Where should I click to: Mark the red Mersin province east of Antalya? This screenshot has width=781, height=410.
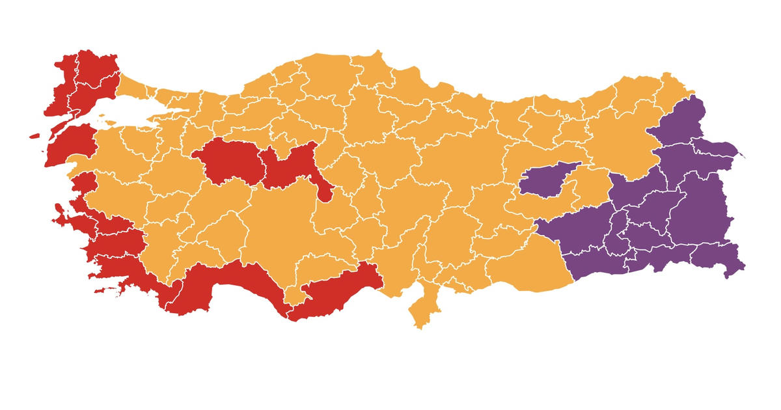[332, 293]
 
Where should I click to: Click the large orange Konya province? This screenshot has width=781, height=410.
[280, 221]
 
